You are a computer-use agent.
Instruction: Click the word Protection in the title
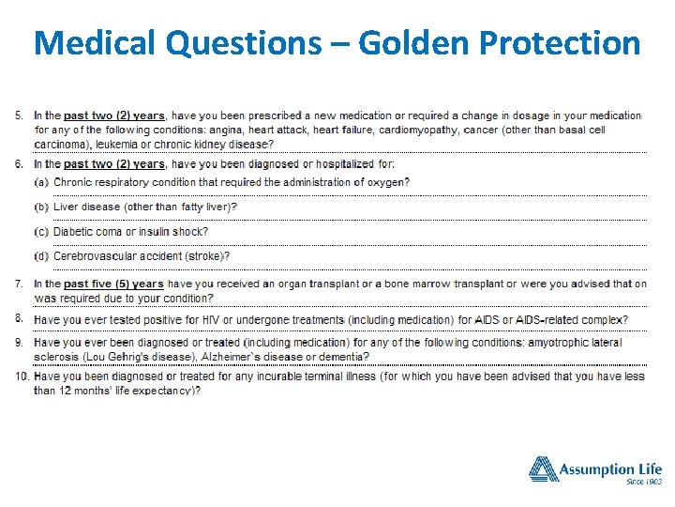coord(562,42)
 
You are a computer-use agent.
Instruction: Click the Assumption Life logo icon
coord(543,469)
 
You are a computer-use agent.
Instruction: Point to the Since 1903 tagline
coord(644,483)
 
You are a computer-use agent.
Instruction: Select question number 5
coord(21,115)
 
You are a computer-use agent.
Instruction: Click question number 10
coord(22,376)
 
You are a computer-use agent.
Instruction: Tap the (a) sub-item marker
coord(42,182)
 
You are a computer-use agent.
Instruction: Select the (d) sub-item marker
coord(42,256)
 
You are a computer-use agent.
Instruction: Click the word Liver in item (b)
coord(67,207)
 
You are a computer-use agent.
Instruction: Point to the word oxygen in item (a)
coord(388,182)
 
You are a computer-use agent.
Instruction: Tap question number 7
coord(21,284)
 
